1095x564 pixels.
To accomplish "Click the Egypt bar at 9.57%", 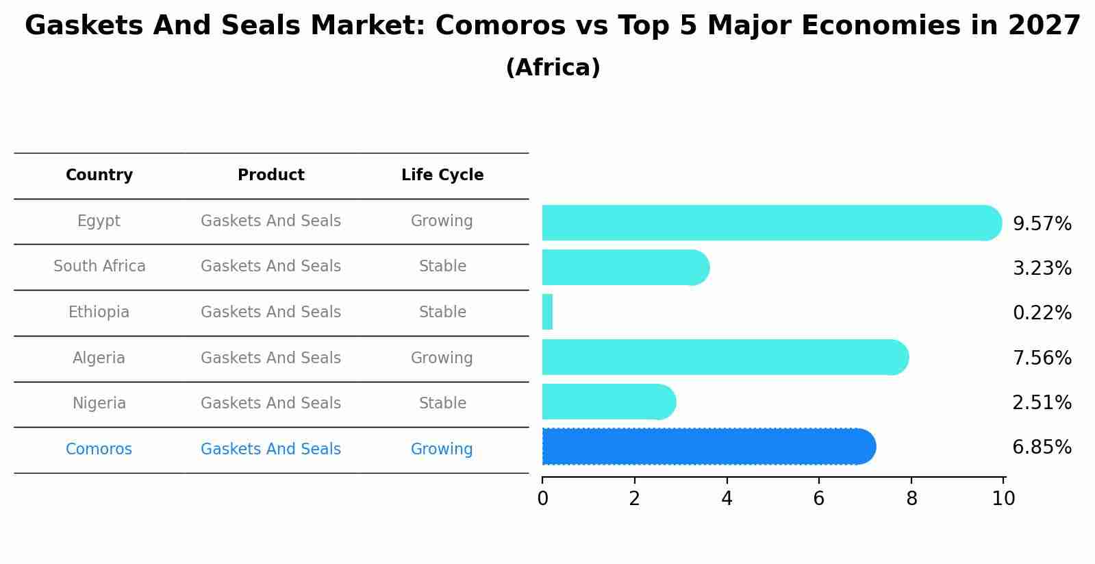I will tap(771, 223).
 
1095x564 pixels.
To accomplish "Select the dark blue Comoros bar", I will tap(708, 447).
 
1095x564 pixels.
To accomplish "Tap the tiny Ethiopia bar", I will tap(547, 312).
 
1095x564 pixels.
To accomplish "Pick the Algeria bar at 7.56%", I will tap(725, 357).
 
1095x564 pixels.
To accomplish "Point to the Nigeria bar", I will tap(608, 402).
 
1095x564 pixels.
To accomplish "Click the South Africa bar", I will tap(625, 267).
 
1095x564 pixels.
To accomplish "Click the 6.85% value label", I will tap(1042, 447).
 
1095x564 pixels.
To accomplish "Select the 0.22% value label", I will tap(1042, 313).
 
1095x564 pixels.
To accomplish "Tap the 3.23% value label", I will tap(1042, 269).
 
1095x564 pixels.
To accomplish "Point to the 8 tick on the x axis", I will tap(911, 499).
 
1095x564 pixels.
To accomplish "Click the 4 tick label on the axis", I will tap(727, 499).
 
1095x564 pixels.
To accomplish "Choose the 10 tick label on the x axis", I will tap(1003, 499).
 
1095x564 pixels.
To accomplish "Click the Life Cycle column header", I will tap(442, 175).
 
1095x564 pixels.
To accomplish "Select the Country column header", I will tap(99, 175).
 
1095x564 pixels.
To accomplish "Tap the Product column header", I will tap(270, 175).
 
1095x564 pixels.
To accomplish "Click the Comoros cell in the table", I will tap(99, 450).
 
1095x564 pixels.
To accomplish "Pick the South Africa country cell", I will tap(99, 267).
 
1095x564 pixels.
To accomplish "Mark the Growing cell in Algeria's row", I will tap(442, 358).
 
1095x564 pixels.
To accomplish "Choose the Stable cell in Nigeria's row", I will tap(442, 404).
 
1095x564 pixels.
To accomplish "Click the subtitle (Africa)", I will tap(553, 68).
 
